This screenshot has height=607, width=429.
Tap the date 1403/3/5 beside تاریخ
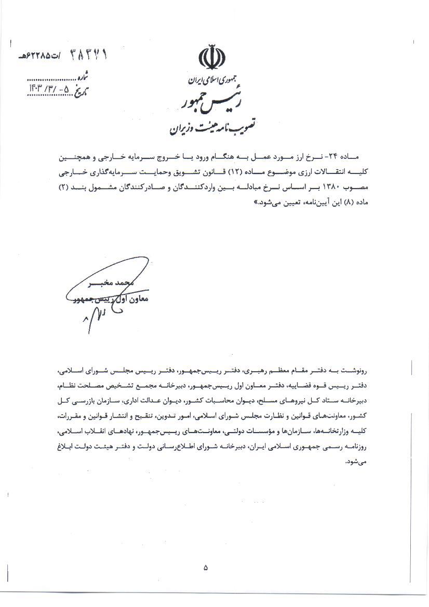click(x=51, y=87)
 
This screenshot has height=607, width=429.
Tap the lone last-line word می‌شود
click(x=358, y=460)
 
